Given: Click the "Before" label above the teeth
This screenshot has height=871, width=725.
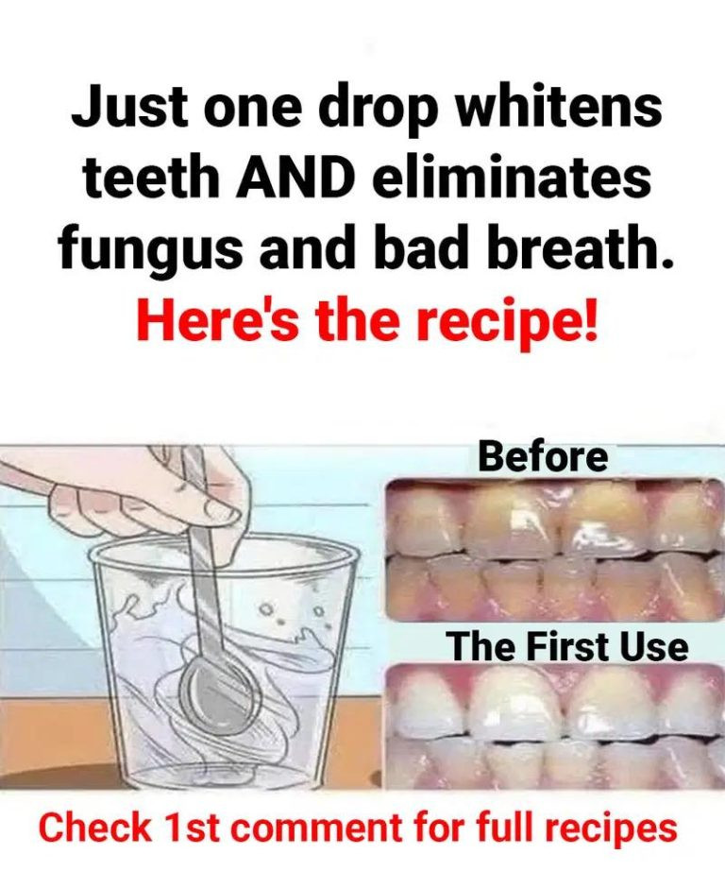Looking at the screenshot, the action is click(x=544, y=457).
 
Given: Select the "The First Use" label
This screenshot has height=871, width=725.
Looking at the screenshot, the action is click(x=569, y=646).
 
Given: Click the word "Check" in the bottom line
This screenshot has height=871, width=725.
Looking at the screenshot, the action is click(x=95, y=828).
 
